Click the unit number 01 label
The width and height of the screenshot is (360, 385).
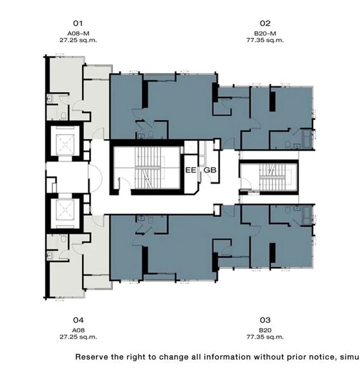tap(78, 23)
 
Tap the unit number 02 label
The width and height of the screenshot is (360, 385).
tap(265, 23)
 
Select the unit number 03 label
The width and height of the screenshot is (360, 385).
tap(265, 320)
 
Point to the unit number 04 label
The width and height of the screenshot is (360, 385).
tap(78, 320)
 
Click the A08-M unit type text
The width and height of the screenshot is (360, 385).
tap(78, 33)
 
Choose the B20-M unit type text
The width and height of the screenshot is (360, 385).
tap(265, 33)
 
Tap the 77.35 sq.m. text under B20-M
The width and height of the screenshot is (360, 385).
tap(265, 40)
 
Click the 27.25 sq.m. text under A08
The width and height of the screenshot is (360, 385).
tap(78, 337)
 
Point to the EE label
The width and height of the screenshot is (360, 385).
tap(191, 170)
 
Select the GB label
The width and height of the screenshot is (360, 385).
tap(210, 170)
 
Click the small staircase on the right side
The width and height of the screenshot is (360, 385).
tap(272, 177)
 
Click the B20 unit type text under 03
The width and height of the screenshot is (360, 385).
tap(265, 330)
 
